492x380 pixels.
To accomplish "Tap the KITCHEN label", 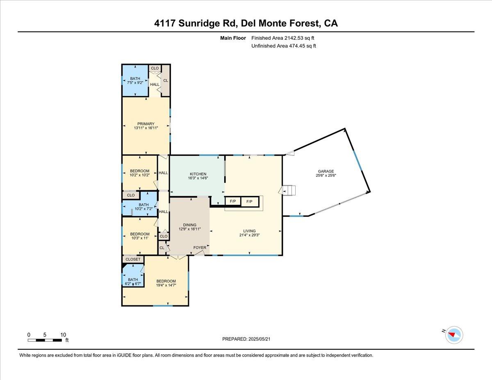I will (x=198, y=174).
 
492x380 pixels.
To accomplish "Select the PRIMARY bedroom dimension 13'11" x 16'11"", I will (x=146, y=128).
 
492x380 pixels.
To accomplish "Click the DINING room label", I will (x=190, y=225).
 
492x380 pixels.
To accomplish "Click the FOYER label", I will (x=200, y=248).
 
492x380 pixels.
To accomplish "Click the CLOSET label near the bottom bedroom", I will (x=133, y=259).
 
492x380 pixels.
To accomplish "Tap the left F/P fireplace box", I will (x=233, y=202).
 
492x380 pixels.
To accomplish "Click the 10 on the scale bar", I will (x=63, y=334).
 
